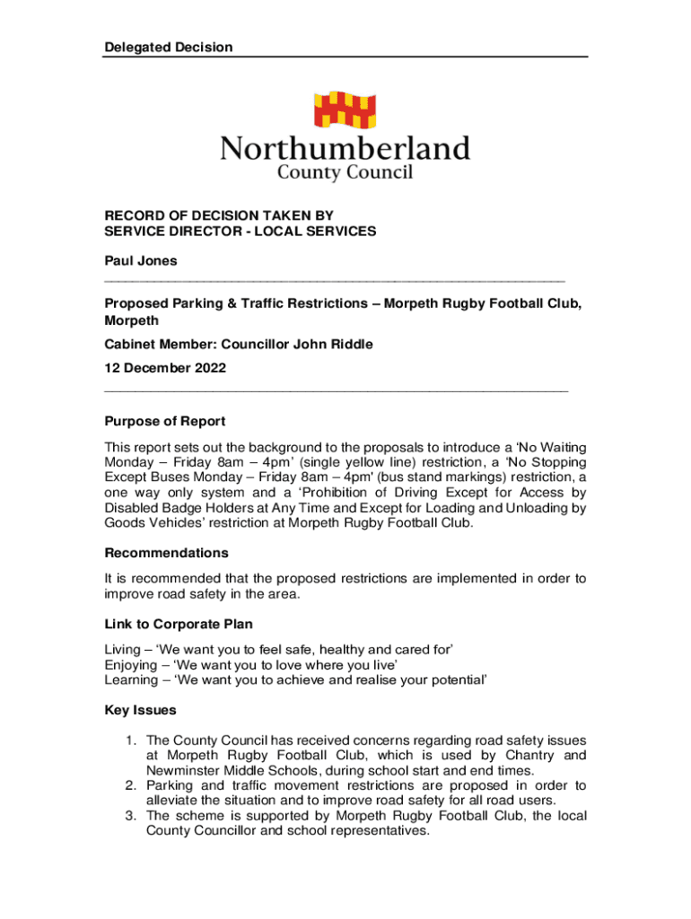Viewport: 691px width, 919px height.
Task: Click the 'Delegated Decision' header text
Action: (168, 47)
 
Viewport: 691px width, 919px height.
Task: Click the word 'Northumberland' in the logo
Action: (345, 148)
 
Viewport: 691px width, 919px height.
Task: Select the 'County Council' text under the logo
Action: (345, 171)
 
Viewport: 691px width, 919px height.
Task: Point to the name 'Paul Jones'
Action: (141, 261)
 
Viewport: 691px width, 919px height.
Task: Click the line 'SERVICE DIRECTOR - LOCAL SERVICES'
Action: (241, 232)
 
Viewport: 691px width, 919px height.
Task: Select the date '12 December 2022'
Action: (165, 367)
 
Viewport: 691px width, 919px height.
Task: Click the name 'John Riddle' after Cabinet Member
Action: (336, 344)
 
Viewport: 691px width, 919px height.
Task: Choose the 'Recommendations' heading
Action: (167, 553)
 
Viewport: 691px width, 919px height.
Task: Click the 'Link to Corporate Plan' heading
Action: (179, 624)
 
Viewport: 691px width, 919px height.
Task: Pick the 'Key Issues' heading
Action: (141, 710)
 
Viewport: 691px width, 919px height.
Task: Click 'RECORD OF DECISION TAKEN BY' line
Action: (219, 215)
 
